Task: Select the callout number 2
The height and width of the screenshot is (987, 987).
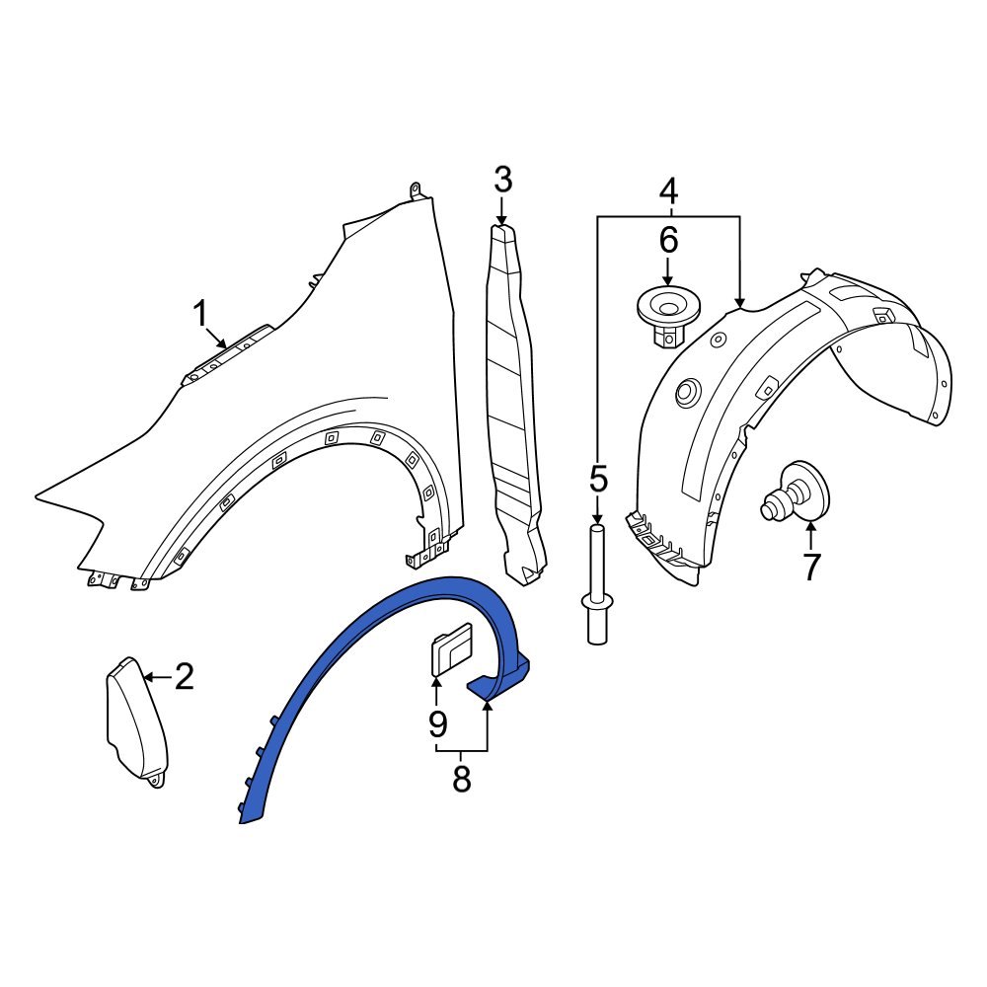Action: pos(184,677)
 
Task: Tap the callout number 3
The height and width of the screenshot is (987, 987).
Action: pos(502,181)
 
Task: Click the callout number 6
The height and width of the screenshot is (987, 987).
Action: pos(668,240)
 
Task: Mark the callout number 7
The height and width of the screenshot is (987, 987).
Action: pos(810,568)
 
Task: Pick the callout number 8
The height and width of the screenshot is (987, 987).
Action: pos(461,780)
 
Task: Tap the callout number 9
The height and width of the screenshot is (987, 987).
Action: pos(437,723)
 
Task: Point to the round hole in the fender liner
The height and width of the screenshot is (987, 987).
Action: pos(685,394)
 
